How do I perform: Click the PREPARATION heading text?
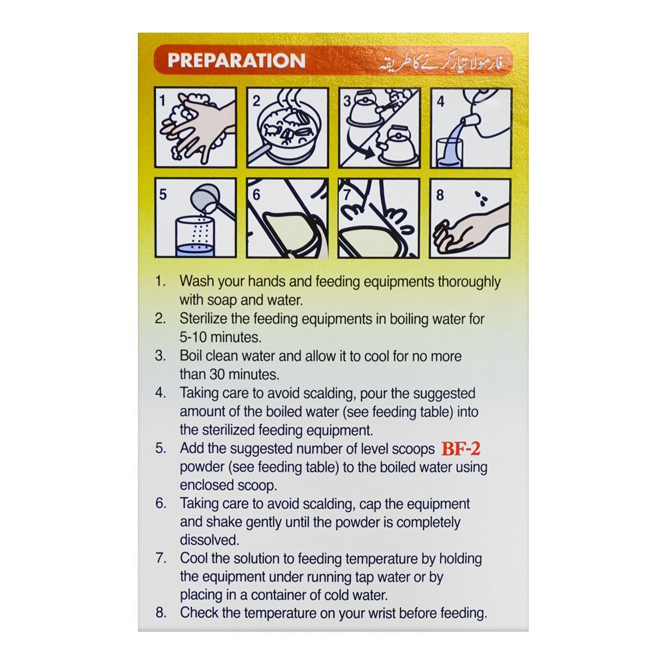236,61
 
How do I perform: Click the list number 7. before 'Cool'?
161,558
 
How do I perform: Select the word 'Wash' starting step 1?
196,282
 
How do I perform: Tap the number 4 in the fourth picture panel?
440,102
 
